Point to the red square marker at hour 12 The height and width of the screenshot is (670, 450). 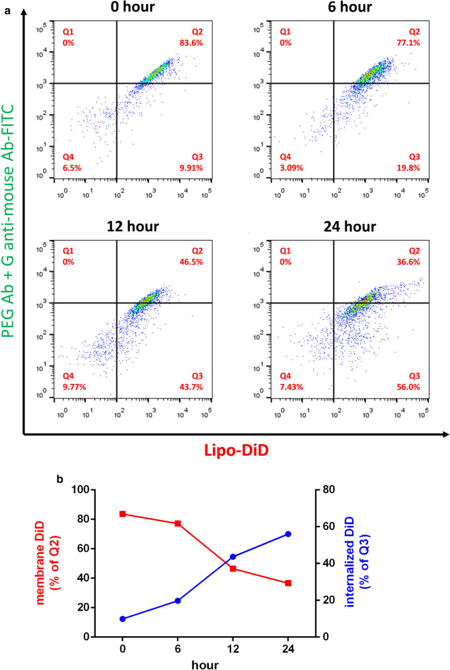[232, 569]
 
